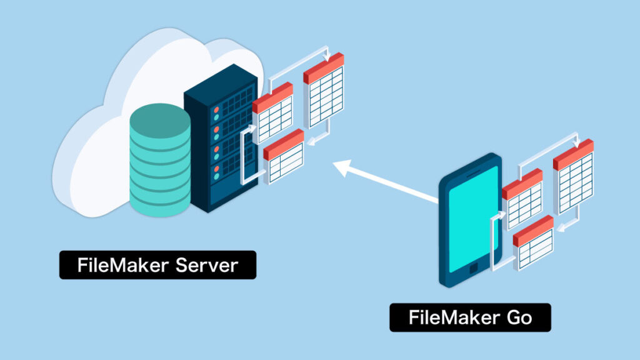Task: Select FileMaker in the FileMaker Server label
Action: (x=114, y=265)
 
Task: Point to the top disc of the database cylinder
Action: (x=160, y=118)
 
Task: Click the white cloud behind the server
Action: (x=94, y=156)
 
